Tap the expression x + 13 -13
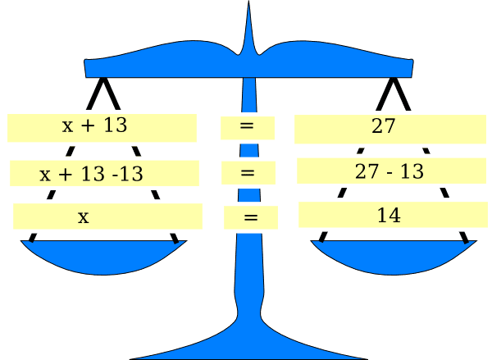click(91, 173)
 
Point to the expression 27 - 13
click(389, 171)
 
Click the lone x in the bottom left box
click(83, 217)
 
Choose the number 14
click(389, 215)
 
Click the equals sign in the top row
click(246, 127)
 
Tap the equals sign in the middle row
click(248, 173)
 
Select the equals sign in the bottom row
click(251, 218)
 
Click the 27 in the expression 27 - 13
click(366, 171)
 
